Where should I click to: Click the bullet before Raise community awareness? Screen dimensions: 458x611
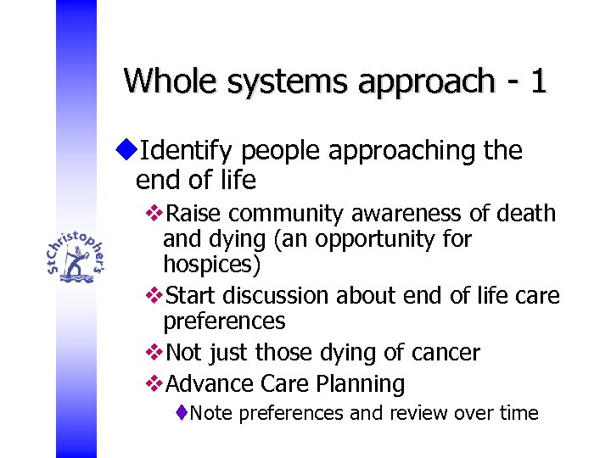click(x=154, y=213)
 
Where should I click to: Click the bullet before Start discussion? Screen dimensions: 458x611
click(x=154, y=295)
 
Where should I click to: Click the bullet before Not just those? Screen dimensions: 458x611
click(x=154, y=352)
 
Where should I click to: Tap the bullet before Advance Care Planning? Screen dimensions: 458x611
click(x=154, y=383)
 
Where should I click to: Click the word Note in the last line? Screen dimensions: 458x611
click(x=212, y=413)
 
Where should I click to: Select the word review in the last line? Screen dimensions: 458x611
click(x=419, y=413)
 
